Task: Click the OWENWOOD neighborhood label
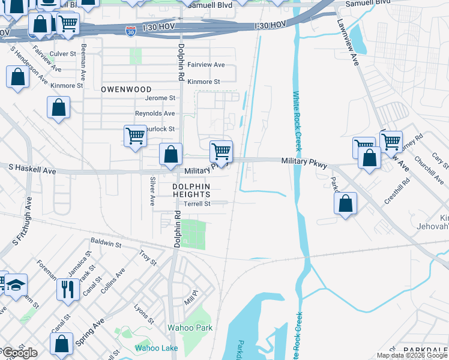tap(126, 89)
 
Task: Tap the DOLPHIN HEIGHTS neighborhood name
tap(191, 190)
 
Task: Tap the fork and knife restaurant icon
tap(67, 289)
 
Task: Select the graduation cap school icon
tap(17, 284)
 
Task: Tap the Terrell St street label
tap(197, 204)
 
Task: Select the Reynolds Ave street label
tap(155, 113)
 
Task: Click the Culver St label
tap(62, 53)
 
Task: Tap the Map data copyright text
tap(411, 355)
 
